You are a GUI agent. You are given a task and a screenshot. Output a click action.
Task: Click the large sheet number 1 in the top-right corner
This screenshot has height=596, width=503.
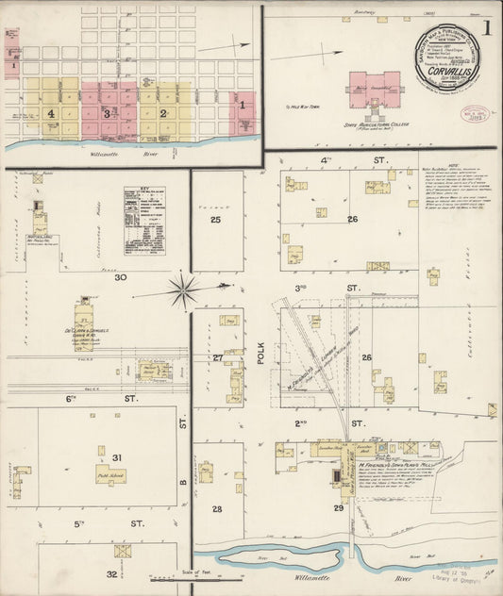(486, 27)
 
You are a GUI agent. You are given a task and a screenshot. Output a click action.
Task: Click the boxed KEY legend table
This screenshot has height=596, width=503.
(143, 220)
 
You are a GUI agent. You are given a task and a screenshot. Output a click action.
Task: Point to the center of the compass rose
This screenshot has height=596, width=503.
(183, 290)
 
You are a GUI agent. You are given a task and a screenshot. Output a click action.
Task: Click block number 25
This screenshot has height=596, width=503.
(216, 220)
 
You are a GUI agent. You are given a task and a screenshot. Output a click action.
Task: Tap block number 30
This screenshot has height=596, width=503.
(120, 278)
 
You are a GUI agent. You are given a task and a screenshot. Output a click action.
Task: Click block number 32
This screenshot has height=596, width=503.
(111, 573)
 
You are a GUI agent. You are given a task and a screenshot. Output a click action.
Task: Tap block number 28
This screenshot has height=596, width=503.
(216, 508)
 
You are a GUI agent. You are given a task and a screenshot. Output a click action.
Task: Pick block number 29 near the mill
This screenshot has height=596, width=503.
(338, 508)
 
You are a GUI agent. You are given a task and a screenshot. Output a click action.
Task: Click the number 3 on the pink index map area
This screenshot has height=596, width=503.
(108, 113)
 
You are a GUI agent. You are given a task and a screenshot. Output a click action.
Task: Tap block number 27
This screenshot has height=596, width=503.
(217, 358)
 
